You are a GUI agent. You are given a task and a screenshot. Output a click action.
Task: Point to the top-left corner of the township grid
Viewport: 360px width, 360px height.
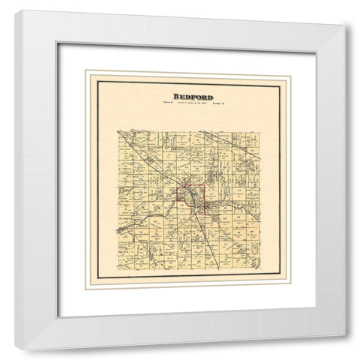pos(118,130)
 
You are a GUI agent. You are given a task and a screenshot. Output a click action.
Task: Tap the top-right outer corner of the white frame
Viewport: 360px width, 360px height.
pos(346,25)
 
